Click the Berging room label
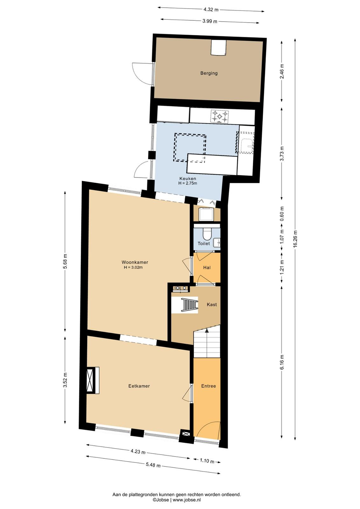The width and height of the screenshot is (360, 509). [x=209, y=73]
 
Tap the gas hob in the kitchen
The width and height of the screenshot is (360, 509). [x=219, y=116]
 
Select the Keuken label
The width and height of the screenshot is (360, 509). [x=188, y=178]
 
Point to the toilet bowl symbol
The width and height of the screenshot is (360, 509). [x=207, y=234]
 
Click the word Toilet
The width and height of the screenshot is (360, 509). [x=204, y=244]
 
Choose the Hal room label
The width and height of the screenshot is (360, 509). [x=207, y=268]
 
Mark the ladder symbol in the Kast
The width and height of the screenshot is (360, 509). [x=190, y=305]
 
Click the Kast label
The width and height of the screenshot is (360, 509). [x=212, y=304]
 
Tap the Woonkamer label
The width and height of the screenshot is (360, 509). [x=135, y=262]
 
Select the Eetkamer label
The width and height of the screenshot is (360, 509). [x=139, y=386]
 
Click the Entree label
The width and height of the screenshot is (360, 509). [x=209, y=386]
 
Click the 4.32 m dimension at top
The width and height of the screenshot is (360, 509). [x=211, y=10]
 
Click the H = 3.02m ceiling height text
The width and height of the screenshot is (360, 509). [x=133, y=268]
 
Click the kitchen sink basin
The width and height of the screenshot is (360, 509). [x=247, y=146]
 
